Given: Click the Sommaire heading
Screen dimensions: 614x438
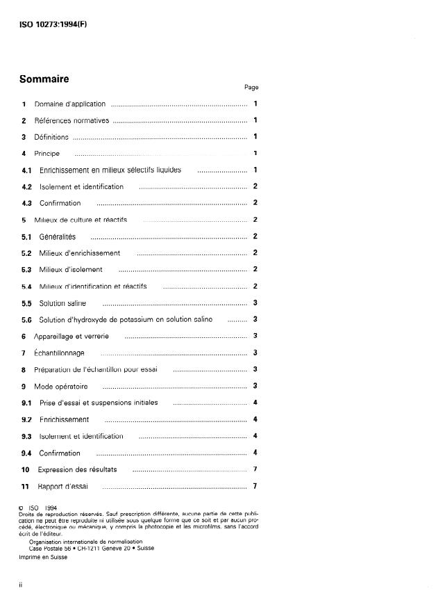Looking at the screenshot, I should (44, 79).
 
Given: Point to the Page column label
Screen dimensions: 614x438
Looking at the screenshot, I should (251, 88).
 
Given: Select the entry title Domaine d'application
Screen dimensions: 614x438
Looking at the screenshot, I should (70, 104).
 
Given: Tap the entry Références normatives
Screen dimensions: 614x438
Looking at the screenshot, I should (72, 121).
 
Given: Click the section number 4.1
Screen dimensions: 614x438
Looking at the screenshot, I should (27, 170).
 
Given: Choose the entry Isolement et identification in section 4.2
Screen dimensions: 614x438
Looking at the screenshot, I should (81, 186).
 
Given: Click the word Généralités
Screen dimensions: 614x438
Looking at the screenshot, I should (58, 236).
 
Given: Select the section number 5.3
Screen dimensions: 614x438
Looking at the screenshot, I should (27, 270).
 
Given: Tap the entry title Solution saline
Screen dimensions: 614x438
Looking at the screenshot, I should (62, 303).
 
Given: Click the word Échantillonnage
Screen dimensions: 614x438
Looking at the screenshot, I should (59, 353).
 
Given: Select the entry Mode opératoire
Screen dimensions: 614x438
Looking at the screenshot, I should (61, 386).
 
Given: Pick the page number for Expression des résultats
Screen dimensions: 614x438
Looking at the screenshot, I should (255, 469).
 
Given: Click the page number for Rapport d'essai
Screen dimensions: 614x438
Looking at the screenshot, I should (255, 486).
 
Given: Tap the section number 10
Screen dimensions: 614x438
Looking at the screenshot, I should (25, 469).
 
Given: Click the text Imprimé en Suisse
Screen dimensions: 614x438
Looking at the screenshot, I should (43, 558).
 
